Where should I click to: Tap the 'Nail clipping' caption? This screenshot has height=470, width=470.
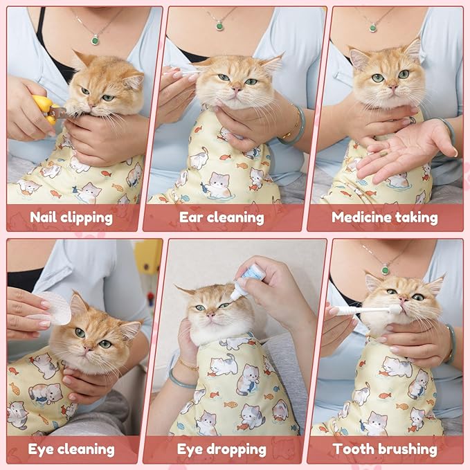[x=71, y=217]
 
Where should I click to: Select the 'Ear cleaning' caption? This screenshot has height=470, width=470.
[x=222, y=217]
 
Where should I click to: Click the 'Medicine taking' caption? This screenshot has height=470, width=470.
[x=384, y=217]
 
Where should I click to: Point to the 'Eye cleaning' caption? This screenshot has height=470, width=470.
[x=71, y=449]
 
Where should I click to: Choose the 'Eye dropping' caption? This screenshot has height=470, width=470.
[x=222, y=449]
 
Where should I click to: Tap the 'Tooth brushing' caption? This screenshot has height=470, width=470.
[x=385, y=449]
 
